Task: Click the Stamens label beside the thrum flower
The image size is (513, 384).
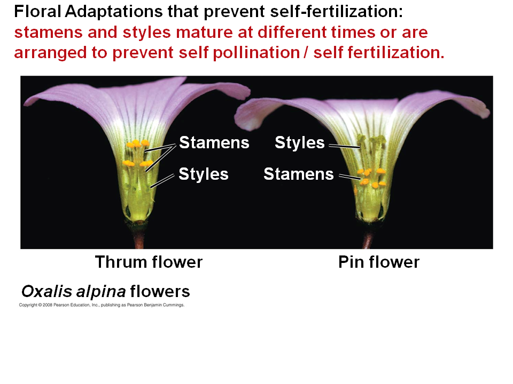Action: pyautogui.click(x=214, y=143)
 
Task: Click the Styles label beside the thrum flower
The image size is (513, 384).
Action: pyautogui.click(x=204, y=174)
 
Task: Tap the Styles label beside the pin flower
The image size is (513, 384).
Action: pyautogui.click(x=300, y=143)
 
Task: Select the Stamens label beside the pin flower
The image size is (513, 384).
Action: pyautogui.click(x=299, y=174)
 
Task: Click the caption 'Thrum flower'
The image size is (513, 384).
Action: pyautogui.click(x=149, y=262)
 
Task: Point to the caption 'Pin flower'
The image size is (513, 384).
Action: pyautogui.click(x=379, y=262)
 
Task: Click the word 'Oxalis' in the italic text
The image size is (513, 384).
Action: pyautogui.click(x=46, y=291)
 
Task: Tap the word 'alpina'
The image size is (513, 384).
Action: pyautogui.click(x=101, y=292)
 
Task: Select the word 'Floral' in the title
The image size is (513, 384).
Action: pyautogui.click(x=37, y=12)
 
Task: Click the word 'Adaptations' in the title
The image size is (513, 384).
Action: pyautogui.click(x=114, y=12)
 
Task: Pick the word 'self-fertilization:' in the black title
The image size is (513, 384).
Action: pyautogui.click(x=337, y=12)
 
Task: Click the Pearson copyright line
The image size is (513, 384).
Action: pyautogui.click(x=102, y=305)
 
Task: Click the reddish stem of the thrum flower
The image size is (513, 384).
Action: pyautogui.click(x=139, y=237)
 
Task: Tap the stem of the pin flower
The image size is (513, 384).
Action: pyautogui.click(x=368, y=239)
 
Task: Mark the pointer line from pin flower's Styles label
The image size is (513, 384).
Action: pyautogui.click(x=344, y=146)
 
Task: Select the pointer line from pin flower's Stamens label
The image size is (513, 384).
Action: pyautogui.click(x=349, y=177)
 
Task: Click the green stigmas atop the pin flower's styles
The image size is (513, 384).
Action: pyautogui.click(x=372, y=140)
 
